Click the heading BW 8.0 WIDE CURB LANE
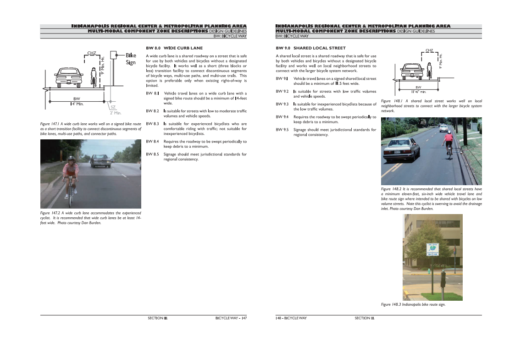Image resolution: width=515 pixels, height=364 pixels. (174, 48)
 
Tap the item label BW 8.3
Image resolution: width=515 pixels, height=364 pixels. (152, 124)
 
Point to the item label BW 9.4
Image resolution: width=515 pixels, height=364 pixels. (282, 117)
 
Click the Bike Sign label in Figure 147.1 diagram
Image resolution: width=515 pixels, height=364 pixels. (131, 59)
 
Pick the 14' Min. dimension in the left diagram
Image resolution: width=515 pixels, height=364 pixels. (77, 104)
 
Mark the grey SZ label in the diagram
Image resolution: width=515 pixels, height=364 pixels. (113, 107)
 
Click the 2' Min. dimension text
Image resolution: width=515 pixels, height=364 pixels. (115, 113)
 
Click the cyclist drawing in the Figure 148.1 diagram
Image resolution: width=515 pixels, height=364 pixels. (430, 71)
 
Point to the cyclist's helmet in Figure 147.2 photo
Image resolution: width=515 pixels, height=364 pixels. (71, 158)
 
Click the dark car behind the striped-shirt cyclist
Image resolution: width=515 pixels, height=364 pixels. (100, 161)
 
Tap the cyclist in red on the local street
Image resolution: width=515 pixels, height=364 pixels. (449, 143)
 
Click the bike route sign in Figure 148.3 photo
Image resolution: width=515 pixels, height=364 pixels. (433, 249)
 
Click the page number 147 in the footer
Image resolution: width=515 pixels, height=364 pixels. (244, 318)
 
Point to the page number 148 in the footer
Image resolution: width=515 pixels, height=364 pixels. (278, 318)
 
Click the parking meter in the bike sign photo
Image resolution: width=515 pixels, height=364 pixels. (443, 279)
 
